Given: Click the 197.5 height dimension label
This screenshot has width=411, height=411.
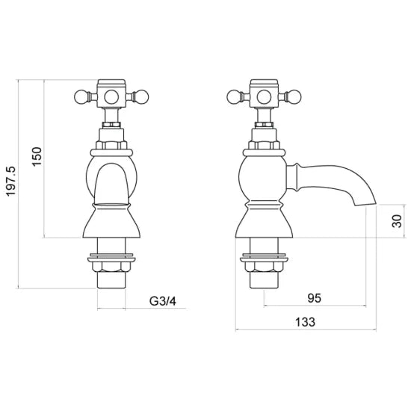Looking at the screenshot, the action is [11, 182].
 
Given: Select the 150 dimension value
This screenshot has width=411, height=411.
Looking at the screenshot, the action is [37, 156].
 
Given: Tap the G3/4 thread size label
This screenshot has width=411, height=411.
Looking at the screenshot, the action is [163, 301].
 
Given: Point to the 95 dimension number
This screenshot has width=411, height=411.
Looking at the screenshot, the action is [315, 298].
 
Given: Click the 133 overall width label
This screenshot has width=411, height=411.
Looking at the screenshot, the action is [305, 322].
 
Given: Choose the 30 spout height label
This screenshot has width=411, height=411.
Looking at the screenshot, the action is [397, 221].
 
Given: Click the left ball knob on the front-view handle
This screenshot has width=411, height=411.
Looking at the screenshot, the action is [81, 96].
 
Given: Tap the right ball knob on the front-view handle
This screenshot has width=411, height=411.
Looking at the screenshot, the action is [142, 96].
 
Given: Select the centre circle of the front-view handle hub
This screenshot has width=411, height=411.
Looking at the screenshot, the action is [111, 96].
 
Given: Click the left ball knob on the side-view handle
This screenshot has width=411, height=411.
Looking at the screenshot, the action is [233, 96].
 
